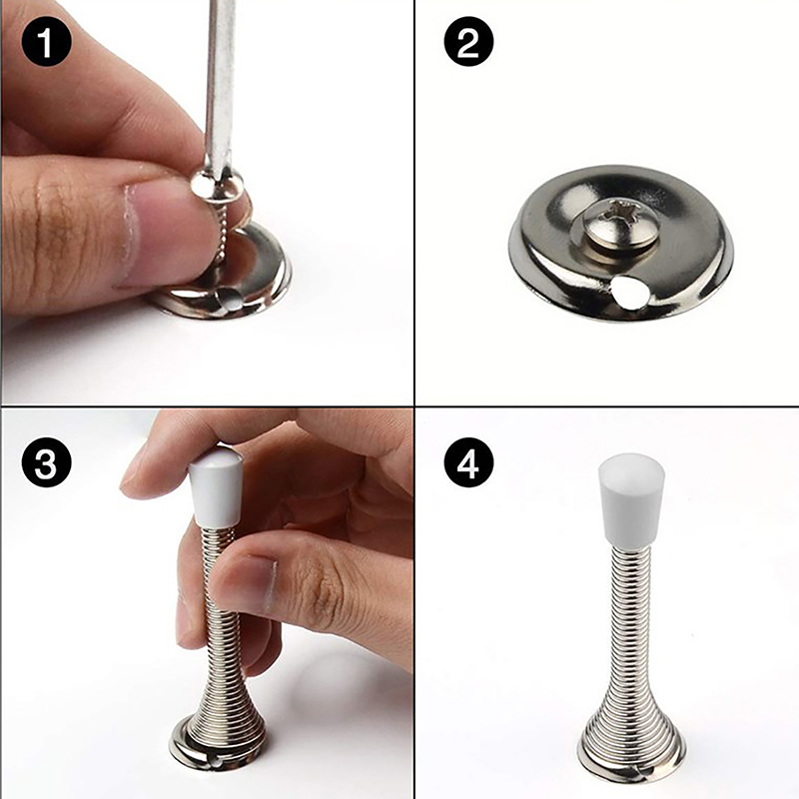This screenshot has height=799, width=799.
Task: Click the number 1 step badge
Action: [x=46, y=42]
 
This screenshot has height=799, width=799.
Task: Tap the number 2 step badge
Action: [x=468, y=42]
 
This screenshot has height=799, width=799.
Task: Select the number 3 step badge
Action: [x=46, y=462]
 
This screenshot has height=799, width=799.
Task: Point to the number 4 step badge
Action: [x=468, y=462]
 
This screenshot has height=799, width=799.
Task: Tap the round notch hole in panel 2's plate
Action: [x=628, y=294]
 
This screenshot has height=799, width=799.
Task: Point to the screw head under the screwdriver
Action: [x=218, y=186]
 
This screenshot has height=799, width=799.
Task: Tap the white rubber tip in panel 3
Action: [x=215, y=487]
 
